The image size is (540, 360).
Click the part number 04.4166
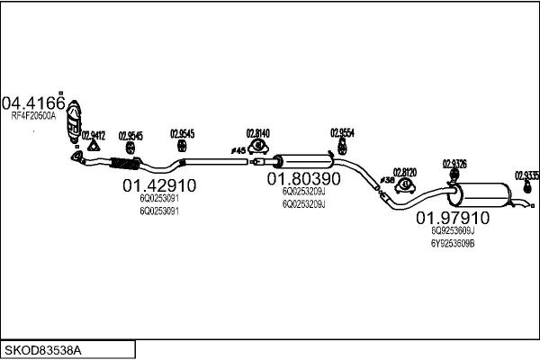[33, 102]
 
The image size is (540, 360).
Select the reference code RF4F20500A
[33, 116]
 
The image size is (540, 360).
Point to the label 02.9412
[93, 135]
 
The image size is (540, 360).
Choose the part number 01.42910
[158, 186]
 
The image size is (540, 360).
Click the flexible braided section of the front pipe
[123, 164]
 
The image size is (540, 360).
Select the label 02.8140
[259, 132]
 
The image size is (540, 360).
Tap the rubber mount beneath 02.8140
[259, 145]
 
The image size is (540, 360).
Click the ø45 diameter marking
[238, 149]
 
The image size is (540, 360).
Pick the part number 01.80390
[303, 179]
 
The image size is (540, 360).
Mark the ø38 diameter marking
[386, 181]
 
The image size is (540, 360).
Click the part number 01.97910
[452, 218]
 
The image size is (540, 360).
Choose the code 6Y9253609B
[452, 243]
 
